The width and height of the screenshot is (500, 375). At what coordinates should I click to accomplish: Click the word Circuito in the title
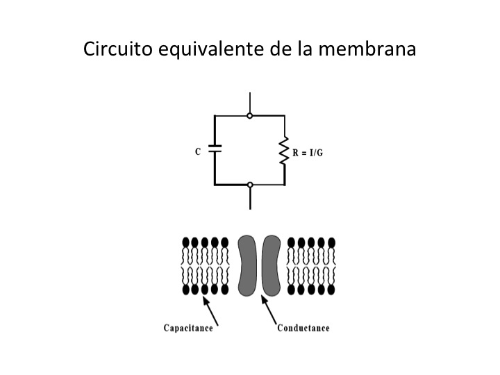pyautogui.click(x=117, y=49)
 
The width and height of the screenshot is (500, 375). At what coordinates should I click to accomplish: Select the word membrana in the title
pyautogui.click(x=367, y=49)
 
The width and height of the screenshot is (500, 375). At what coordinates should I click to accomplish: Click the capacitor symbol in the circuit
pyautogui.click(x=215, y=149)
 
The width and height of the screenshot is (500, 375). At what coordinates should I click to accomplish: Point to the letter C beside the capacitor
pyautogui.click(x=198, y=152)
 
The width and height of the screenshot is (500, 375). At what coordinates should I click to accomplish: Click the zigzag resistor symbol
pyautogui.click(x=284, y=151)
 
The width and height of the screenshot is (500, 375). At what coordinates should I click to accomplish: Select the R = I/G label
pyautogui.click(x=308, y=153)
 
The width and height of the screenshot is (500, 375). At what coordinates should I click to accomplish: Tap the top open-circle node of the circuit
pyautogui.click(x=250, y=116)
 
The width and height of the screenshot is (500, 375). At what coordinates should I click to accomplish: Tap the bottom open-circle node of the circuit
pyautogui.click(x=250, y=185)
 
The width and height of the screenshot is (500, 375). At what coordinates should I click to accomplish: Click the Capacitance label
pyautogui.click(x=188, y=328)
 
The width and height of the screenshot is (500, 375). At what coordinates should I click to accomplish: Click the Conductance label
pyautogui.click(x=303, y=328)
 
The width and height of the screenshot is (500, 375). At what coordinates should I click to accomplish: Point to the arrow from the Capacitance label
pyautogui.click(x=210, y=310)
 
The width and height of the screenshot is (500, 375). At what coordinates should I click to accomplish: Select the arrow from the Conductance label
pyautogui.click(x=269, y=310)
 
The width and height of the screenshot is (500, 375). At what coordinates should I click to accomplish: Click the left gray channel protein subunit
pyautogui.click(x=247, y=265)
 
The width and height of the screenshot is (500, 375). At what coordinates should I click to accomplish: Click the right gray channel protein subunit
pyautogui.click(x=271, y=265)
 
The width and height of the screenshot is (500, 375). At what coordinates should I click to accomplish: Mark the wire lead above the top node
pyautogui.click(x=250, y=103)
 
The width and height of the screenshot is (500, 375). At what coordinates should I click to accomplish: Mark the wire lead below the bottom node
pyautogui.click(x=250, y=199)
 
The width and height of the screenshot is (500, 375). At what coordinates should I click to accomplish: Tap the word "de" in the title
pyautogui.click(x=281, y=49)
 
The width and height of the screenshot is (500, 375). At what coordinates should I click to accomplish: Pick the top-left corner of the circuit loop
pyautogui.click(x=215, y=116)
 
